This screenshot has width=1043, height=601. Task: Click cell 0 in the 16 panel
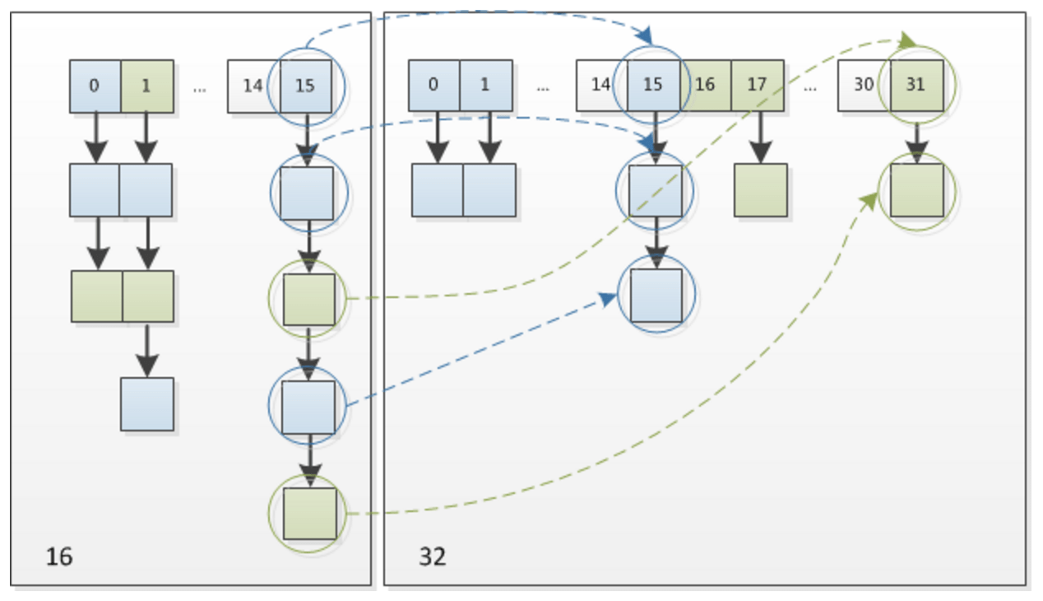click(95, 86)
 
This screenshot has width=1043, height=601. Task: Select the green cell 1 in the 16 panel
click(147, 86)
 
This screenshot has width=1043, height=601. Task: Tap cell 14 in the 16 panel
click(253, 86)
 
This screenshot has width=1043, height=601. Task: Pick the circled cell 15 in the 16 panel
click(305, 86)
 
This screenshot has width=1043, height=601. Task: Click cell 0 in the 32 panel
click(434, 86)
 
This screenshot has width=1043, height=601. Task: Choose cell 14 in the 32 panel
click(601, 86)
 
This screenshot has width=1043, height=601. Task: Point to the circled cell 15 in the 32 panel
click(653, 86)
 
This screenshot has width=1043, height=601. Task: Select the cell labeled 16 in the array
click(706, 86)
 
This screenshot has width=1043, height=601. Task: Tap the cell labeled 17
click(758, 86)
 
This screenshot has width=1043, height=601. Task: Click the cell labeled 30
click(864, 86)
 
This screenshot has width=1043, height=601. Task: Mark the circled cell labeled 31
click(916, 86)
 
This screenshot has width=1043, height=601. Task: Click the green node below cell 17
click(761, 190)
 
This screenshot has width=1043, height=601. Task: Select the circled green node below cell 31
click(917, 190)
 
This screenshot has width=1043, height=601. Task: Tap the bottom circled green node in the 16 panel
click(309, 514)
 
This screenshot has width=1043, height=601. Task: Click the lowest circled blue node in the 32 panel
click(656, 295)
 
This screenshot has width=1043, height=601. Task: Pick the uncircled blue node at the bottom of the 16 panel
click(147, 404)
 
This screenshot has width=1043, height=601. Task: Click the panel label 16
click(59, 557)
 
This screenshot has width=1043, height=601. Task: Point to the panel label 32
click(433, 557)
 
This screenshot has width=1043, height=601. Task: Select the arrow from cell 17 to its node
click(759, 137)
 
